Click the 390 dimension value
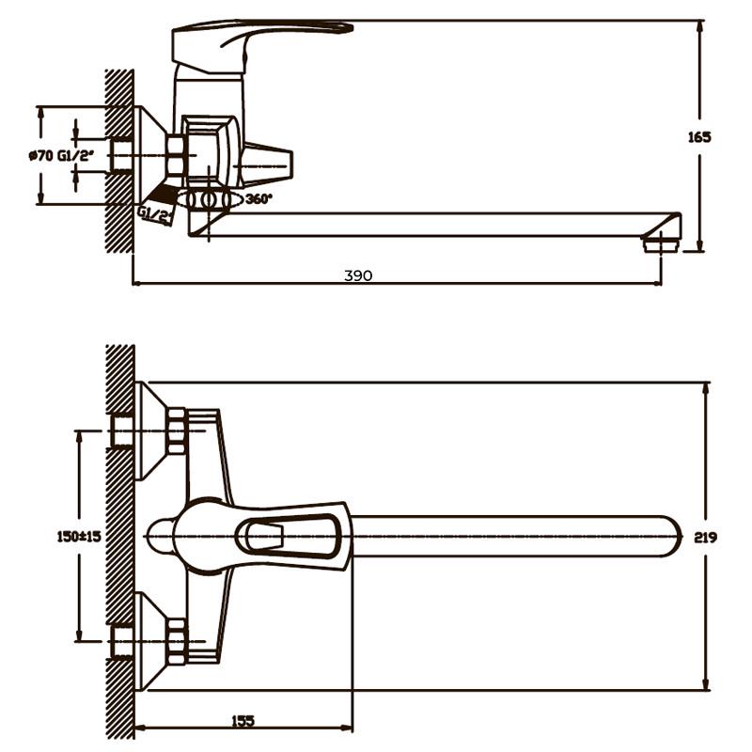[x=358, y=275]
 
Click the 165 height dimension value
[x=699, y=137]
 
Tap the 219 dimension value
[x=706, y=537]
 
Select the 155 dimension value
[x=243, y=721]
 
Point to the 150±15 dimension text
[x=79, y=536]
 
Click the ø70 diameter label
[x=41, y=156]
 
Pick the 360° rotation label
[x=258, y=198]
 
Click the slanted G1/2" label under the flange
[x=154, y=215]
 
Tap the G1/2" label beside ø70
[x=76, y=156]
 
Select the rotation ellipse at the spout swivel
[x=209, y=199]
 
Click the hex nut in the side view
[x=176, y=155]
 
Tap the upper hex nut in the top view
[x=177, y=431]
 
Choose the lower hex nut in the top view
[x=177, y=641]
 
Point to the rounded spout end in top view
[x=670, y=536]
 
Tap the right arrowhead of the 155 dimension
[x=346, y=728]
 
